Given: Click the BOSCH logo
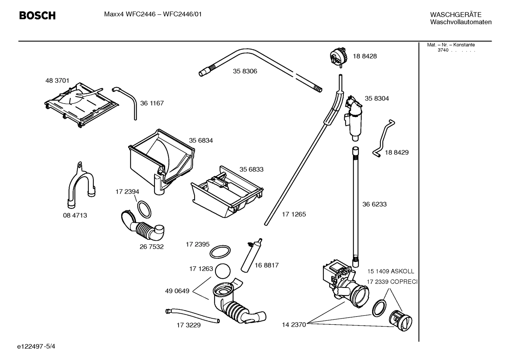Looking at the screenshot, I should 37,16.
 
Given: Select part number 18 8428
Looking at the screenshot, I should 365,56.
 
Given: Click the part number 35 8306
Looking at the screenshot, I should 245,71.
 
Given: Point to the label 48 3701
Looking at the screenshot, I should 57,81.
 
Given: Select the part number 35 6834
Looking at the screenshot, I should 201,141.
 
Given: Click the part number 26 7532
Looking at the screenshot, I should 151,247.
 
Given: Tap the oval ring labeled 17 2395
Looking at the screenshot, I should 220,252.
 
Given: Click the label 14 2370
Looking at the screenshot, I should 294,325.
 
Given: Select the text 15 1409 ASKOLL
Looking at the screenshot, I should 390,271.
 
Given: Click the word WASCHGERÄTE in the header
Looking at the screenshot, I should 455,14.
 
